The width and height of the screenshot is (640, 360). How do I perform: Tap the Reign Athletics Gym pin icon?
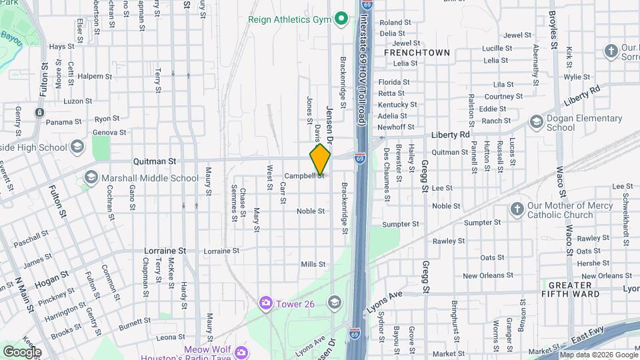click(x=341, y=19)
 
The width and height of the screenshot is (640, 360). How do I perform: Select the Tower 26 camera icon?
click(x=266, y=303)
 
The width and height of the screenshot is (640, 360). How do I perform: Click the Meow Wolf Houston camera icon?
click(x=241, y=351)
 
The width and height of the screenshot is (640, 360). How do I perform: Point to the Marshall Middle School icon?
click(x=91, y=178)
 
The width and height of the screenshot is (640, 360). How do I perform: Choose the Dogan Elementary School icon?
click(x=536, y=122)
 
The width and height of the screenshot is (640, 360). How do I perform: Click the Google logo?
click(x=21, y=351)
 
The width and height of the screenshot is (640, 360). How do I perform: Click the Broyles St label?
click(x=553, y=30)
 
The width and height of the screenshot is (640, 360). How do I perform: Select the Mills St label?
click(x=313, y=265)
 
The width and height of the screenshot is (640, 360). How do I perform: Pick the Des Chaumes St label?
click(x=387, y=175)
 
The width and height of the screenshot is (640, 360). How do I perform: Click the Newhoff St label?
click(x=396, y=127)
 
